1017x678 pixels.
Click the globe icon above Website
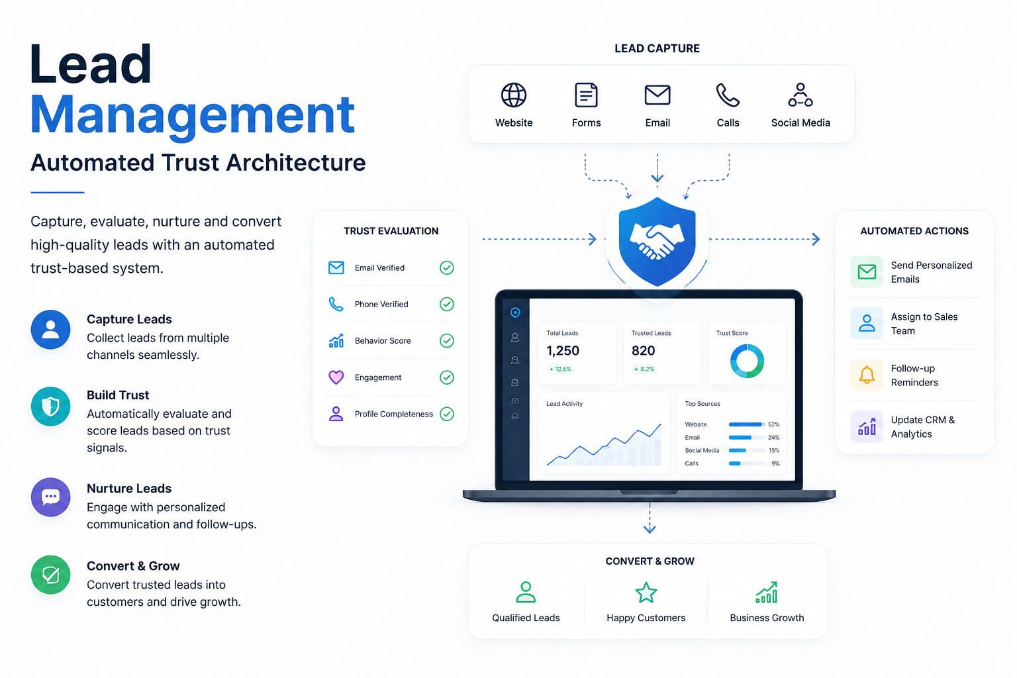[514, 95]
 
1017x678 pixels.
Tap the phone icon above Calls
[728, 95]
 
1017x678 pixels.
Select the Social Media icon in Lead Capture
[800, 95]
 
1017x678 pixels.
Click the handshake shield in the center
[657, 241]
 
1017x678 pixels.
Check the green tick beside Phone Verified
[447, 304]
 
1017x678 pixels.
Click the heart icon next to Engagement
[336, 377]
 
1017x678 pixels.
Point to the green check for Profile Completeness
[447, 414]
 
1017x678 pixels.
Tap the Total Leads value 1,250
[563, 350]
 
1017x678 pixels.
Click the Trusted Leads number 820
[643, 350]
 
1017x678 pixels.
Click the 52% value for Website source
[773, 424]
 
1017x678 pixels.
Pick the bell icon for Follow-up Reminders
[866, 375]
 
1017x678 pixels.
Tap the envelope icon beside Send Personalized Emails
[866, 271]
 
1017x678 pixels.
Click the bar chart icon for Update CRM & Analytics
[866, 426]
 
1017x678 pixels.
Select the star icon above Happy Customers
[646, 592]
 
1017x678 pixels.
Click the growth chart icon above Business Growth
[766, 592]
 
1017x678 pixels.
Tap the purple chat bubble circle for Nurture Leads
[50, 497]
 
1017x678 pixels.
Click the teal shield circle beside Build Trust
[50, 406]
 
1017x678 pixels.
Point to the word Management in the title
[192, 115]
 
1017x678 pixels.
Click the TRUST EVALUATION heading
[391, 230]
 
